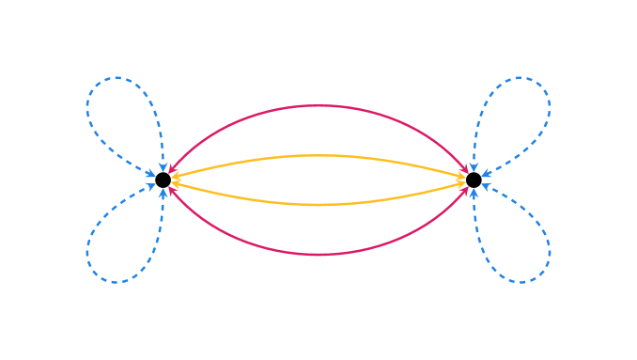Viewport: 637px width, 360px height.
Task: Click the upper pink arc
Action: pos(318,106)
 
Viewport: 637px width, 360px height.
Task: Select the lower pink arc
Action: pos(318,254)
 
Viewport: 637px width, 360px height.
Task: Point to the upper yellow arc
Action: pos(318,155)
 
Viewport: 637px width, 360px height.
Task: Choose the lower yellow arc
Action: pos(318,204)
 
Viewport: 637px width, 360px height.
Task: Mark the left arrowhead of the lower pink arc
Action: pos(172,191)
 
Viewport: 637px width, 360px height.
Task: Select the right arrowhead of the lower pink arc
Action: pos(464,191)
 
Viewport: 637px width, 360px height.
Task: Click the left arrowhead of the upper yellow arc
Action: pos(175,175)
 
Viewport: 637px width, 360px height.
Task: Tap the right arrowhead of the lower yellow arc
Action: pos(461,185)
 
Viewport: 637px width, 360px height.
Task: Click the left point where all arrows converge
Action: pos(164,180)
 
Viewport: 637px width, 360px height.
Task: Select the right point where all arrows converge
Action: pos(473,180)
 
